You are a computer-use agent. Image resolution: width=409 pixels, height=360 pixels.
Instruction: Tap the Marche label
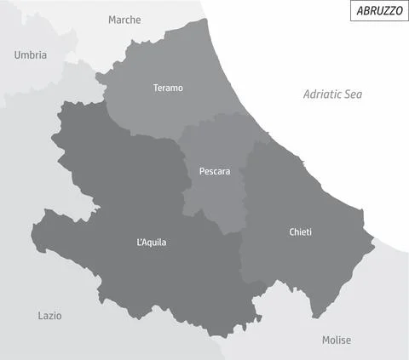(x=124, y=20)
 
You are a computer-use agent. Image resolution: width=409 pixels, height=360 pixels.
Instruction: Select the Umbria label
(x=31, y=55)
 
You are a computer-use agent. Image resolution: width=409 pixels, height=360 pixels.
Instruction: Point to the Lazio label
(x=49, y=316)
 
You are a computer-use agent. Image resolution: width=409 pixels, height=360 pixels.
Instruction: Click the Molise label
(x=336, y=340)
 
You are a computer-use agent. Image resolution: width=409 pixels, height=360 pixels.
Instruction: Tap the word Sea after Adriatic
(x=353, y=94)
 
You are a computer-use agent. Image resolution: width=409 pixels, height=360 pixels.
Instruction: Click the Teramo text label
(x=168, y=88)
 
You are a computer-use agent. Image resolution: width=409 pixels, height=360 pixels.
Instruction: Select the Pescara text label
(x=215, y=171)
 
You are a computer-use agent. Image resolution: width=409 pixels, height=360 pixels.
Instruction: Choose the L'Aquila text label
(x=152, y=243)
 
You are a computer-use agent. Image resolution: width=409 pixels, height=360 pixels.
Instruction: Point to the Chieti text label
(x=300, y=231)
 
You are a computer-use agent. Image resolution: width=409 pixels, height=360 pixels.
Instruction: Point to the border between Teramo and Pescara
(x=213, y=120)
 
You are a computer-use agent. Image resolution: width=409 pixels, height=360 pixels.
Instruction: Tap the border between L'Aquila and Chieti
(x=240, y=255)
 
